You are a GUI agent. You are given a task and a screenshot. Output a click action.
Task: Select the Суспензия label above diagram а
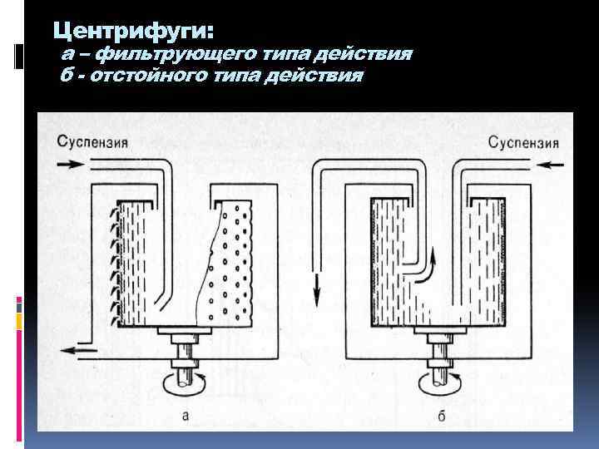pos(92,142)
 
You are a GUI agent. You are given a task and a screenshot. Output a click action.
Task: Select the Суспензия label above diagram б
pos(523,143)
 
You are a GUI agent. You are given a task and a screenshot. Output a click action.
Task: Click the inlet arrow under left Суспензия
pos(70,165)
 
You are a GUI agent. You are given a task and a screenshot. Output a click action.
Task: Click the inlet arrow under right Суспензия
pos(550,165)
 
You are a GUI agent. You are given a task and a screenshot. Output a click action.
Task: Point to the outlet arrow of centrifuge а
pos(80,350)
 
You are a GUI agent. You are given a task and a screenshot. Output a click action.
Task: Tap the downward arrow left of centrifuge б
pos(316,289)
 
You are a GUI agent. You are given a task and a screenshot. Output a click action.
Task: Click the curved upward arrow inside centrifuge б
pos(428,271)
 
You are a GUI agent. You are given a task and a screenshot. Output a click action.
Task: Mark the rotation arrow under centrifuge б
pos(440,383)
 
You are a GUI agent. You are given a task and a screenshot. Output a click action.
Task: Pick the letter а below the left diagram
pos(186,416)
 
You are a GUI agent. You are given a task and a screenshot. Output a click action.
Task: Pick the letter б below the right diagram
pos(442,416)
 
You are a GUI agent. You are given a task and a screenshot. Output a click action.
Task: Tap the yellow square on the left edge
pos(18,322)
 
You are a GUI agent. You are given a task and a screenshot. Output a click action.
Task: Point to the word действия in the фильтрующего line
pos(363,54)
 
